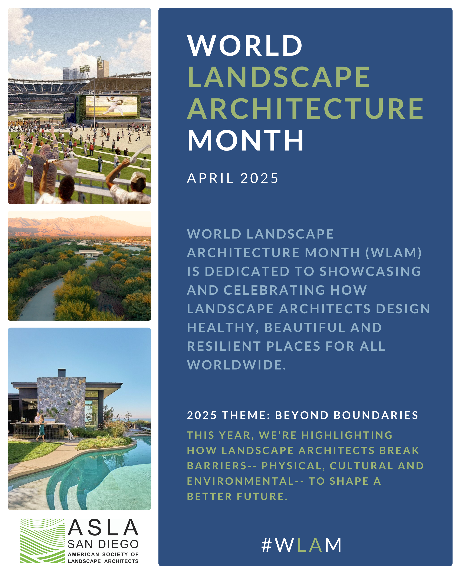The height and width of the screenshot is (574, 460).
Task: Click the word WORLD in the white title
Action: (244, 45)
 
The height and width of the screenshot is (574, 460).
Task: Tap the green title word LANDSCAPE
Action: (279, 77)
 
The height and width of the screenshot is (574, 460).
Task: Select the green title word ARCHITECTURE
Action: (305, 108)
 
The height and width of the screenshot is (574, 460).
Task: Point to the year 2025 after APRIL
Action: (259, 178)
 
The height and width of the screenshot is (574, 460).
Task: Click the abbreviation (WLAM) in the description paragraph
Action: (394, 252)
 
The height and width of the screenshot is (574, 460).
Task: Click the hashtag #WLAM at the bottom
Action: (301, 545)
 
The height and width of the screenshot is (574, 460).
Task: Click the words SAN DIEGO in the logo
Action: (103, 544)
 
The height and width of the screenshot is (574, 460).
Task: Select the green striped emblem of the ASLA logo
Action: (43, 541)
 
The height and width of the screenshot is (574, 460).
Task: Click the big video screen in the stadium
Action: (111, 106)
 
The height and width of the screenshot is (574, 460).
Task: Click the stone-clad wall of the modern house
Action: (61, 402)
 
